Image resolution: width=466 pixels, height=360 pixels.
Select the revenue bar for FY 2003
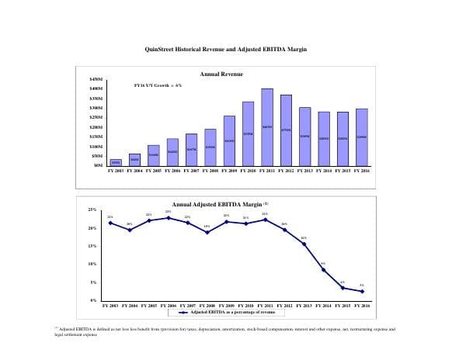(x=115, y=162)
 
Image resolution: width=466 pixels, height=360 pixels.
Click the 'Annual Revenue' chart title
(x=221, y=74)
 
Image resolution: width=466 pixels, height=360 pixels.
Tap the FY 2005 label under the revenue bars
(x=153, y=170)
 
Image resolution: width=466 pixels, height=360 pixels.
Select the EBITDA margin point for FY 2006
(x=168, y=218)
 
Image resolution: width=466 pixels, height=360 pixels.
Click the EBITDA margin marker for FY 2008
(x=207, y=232)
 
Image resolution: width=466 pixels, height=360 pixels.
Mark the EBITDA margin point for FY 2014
(x=323, y=269)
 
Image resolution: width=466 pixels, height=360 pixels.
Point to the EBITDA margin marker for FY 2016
(x=362, y=291)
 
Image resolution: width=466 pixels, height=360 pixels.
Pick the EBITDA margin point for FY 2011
(x=265, y=220)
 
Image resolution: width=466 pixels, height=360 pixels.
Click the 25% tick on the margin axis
(x=92, y=209)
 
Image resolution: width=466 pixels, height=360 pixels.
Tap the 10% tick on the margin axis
(x=92, y=265)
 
